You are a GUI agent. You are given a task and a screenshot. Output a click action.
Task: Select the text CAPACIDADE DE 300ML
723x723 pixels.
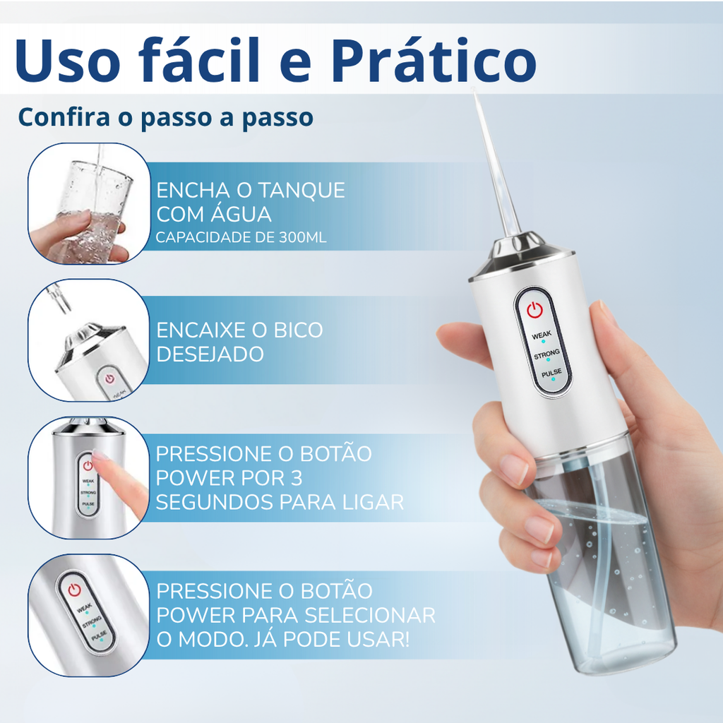point(241,238)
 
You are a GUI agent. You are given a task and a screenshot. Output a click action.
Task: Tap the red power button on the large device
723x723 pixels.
point(534,309)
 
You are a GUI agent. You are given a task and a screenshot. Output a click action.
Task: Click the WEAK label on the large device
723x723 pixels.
point(542,335)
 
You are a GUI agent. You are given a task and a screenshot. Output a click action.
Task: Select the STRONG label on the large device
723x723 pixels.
point(546,353)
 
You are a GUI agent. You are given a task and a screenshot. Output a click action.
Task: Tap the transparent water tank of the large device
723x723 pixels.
point(607,565)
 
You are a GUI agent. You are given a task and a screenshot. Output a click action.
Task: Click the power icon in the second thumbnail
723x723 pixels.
point(109,378)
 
